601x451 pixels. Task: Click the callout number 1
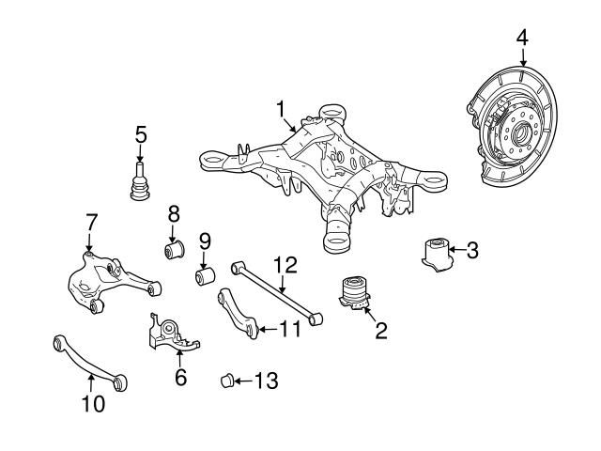(280, 111)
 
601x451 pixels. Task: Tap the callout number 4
(522, 39)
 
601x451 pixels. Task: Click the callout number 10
(92, 405)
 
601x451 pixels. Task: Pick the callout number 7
(91, 222)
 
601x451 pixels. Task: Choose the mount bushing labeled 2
(354, 292)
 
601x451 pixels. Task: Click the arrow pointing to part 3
(455, 250)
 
